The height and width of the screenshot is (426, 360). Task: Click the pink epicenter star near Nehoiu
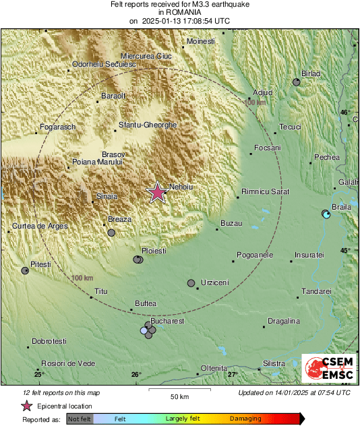158,192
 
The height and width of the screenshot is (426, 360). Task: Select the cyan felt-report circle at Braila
326,214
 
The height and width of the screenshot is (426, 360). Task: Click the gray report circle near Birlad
297,82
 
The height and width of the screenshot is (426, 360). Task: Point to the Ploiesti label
152,251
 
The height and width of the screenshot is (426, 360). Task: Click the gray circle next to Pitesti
25,270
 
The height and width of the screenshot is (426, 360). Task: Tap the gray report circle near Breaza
111,233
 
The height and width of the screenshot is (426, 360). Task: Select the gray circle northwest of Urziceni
191,283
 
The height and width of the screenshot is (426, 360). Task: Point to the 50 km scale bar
178,390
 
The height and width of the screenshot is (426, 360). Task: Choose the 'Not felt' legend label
80,419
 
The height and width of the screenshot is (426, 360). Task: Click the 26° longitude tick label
136,374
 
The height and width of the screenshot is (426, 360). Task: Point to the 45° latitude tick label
345,251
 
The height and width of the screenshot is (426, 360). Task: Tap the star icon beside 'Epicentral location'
26,406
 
